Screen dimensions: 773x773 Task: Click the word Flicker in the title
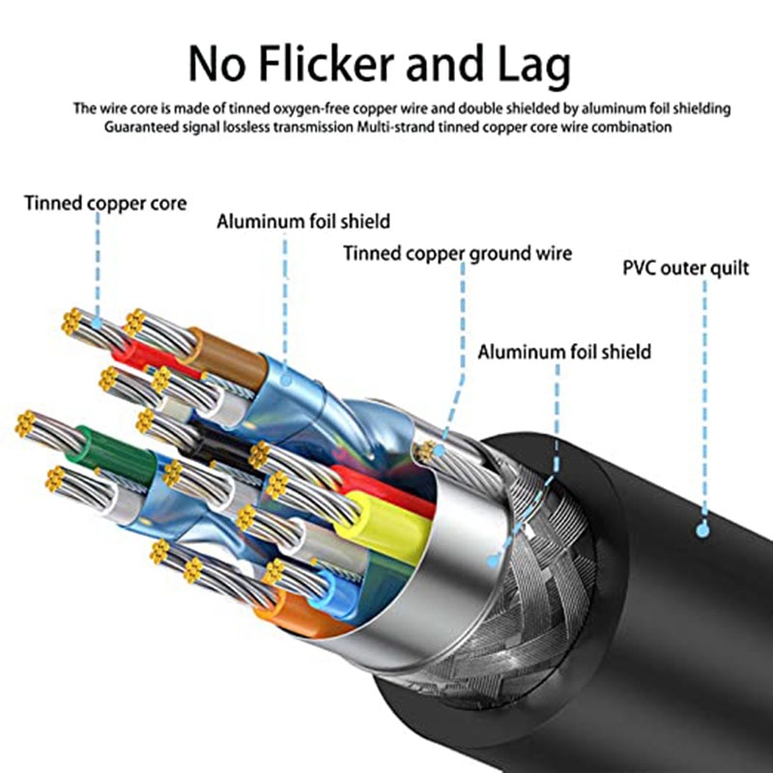click(326, 64)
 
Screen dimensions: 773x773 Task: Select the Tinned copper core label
click(105, 204)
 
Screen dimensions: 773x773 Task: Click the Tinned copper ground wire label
click(457, 254)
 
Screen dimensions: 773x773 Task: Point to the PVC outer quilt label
click(686, 269)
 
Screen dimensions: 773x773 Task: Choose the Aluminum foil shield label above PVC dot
click(564, 352)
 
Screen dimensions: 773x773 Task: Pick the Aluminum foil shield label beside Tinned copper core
click(303, 221)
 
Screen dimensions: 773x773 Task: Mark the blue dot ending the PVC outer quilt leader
click(702, 530)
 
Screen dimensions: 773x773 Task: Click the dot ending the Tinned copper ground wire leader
click(439, 450)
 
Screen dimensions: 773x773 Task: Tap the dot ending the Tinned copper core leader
click(98, 324)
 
